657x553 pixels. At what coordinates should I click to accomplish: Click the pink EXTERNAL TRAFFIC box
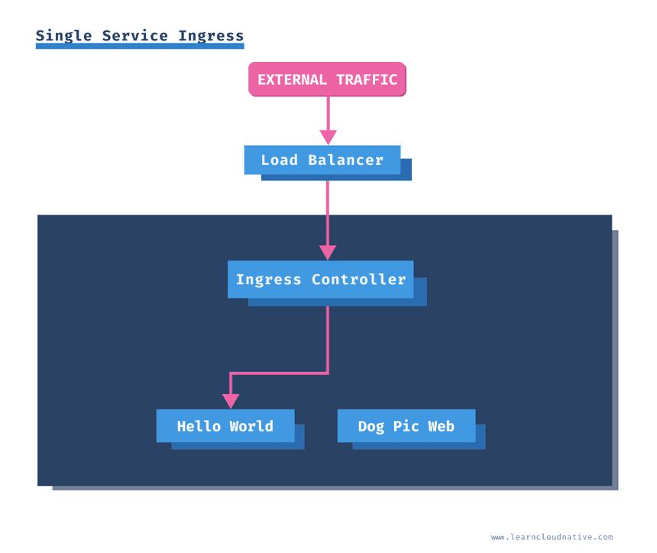327,79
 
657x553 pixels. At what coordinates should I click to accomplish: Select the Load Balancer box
322,160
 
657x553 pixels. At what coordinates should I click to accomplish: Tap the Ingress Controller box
320,280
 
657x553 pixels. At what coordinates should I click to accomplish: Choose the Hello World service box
225,426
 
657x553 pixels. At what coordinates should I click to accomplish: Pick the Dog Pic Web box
406,426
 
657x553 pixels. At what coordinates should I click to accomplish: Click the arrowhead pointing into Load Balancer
328,137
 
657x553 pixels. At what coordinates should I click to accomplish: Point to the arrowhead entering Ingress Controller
328,252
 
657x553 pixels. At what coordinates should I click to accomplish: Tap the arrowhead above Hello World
231,401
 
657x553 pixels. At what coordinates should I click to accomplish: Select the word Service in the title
135,36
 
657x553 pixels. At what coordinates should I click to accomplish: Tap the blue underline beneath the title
140,47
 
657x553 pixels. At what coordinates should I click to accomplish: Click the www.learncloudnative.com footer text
552,537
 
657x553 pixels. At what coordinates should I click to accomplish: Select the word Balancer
345,160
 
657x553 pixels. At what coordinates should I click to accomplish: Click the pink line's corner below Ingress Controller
328,373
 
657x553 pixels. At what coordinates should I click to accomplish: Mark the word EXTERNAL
292,79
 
